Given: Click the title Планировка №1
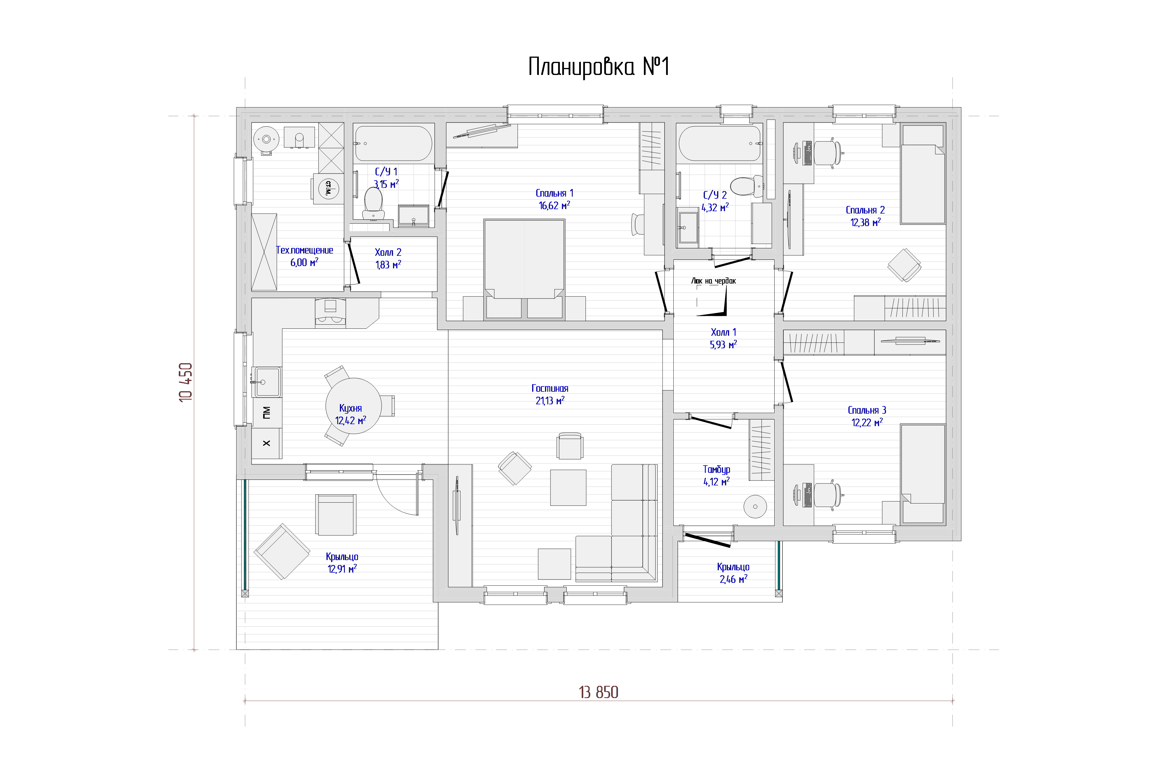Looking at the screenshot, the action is [x=599, y=67].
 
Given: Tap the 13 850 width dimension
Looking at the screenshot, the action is [x=598, y=692].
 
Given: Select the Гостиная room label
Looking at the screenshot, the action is [x=550, y=389].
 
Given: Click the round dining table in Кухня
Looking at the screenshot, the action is [x=353, y=406].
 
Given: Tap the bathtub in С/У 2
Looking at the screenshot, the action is [x=719, y=144].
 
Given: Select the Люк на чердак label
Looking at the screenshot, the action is [x=714, y=281].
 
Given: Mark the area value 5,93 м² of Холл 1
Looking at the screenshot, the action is [x=724, y=344].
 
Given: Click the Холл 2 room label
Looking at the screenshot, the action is [x=388, y=252].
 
